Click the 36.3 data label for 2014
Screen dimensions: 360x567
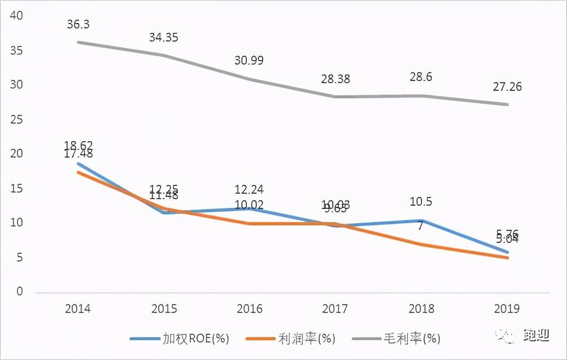pyautogui.click(x=78, y=25)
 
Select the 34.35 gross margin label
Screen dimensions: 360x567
pyautogui.click(x=164, y=38)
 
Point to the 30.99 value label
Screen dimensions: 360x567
pyautogui.click(x=249, y=61)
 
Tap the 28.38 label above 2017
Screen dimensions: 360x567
pyautogui.click(x=335, y=79)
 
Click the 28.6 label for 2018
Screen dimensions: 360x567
pyautogui.click(x=420, y=77)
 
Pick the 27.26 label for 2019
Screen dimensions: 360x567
pyautogui.click(x=506, y=86)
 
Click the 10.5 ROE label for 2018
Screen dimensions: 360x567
pyautogui.click(x=420, y=202)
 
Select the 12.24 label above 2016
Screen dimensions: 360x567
pyautogui.click(x=249, y=190)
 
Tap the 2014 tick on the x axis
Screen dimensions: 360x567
pyautogui.click(x=78, y=309)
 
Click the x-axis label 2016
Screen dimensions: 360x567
pyautogui.click(x=250, y=309)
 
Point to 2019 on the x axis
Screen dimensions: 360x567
pyautogui.click(x=506, y=309)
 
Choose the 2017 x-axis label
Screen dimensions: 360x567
pyautogui.click(x=335, y=309)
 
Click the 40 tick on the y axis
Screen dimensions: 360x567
pyautogui.click(x=16, y=16)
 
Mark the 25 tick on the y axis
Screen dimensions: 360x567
pyautogui.click(x=16, y=119)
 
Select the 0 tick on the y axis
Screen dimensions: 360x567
pyautogui.click(x=20, y=292)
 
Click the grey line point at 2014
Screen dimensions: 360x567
pyautogui.click(x=78, y=42)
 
